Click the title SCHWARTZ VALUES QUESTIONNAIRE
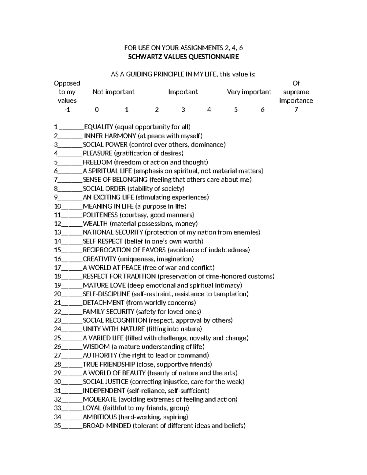coord(183,57)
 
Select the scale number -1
coord(67,109)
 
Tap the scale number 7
coord(296,109)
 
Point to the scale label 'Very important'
coord(249,92)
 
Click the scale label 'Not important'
coord(113,92)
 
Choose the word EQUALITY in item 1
coord(98,127)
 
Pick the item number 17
coord(57,268)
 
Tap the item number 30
coord(57,382)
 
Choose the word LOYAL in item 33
coord(92,408)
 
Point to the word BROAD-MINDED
coord(107,426)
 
